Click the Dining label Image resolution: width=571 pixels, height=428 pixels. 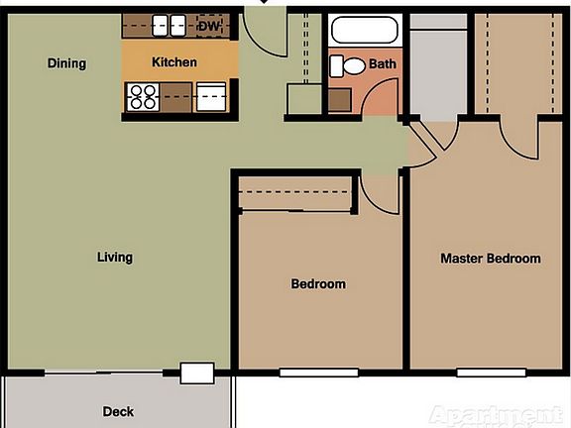[66, 63]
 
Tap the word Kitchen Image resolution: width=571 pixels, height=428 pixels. [173, 62]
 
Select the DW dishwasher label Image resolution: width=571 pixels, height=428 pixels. [208, 26]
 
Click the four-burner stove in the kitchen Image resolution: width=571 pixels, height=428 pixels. [143, 97]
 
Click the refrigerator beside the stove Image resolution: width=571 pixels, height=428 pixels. [212, 97]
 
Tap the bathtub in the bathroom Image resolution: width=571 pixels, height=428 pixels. [364, 30]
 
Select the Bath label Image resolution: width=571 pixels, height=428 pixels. [382, 64]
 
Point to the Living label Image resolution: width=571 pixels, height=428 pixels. [114, 258]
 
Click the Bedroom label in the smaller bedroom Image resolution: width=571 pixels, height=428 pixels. [318, 284]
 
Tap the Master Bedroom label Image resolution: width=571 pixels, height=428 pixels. [490, 259]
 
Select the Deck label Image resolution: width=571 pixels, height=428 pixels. [118, 411]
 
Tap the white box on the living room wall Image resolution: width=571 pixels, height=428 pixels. [196, 374]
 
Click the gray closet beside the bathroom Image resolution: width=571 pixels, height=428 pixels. [437, 69]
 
